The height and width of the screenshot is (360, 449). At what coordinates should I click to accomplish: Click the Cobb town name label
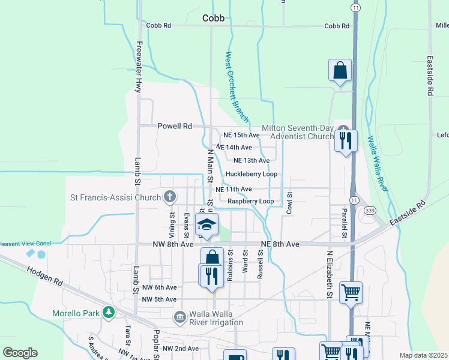213,18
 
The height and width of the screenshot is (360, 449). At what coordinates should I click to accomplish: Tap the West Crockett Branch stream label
237,86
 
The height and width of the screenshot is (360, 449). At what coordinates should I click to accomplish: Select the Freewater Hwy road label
139,67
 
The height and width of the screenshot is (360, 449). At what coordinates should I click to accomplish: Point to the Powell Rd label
174,127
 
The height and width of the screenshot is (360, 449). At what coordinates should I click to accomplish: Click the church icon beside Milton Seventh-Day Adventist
343,130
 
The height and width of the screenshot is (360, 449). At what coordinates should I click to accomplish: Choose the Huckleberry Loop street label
251,175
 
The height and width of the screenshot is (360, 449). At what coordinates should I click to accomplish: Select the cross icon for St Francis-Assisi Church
170,196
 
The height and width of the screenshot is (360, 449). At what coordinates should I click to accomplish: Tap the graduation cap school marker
206,225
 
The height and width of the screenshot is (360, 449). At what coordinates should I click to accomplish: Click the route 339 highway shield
370,210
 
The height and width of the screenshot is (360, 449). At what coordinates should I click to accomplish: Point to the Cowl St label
289,203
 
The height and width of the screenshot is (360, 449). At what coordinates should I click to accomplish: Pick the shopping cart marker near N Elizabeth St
351,293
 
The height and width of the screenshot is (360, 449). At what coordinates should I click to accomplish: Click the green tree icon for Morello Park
108,313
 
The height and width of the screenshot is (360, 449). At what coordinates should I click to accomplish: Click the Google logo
20,352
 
